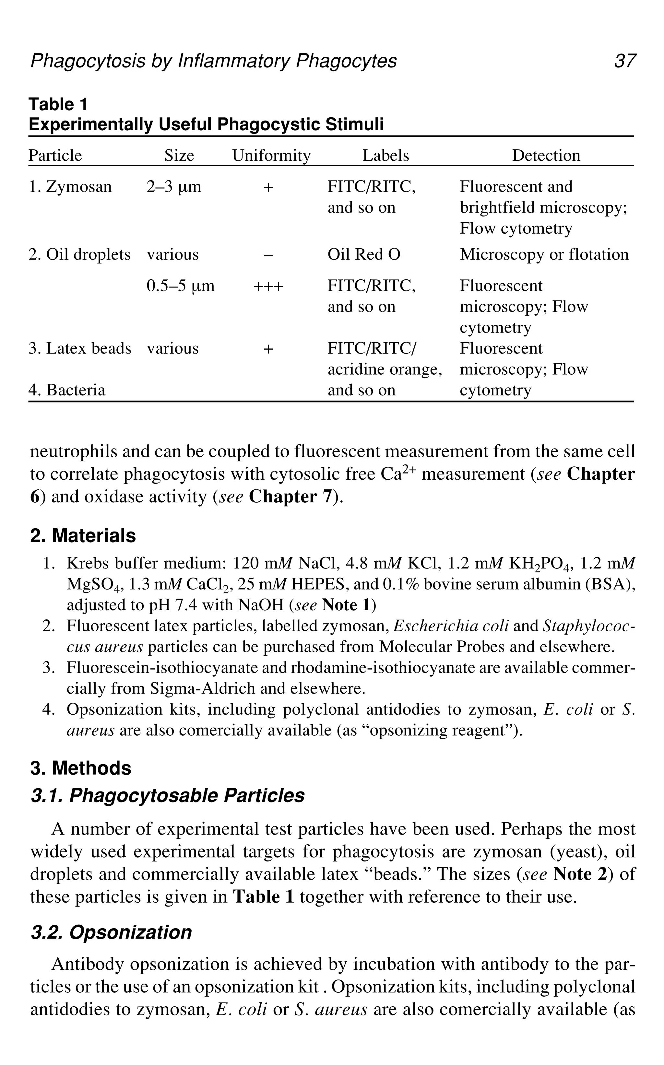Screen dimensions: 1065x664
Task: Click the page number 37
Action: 624,61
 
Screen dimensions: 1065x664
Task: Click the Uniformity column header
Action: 271,155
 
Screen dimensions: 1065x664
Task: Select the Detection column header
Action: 546,155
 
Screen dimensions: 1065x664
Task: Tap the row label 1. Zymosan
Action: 70,187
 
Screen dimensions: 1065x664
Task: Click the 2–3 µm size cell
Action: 174,187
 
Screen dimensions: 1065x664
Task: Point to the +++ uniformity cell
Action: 268,286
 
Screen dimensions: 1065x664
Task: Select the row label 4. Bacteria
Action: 67,390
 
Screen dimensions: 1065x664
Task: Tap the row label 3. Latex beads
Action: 80,348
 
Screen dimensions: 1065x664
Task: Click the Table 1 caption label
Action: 58,104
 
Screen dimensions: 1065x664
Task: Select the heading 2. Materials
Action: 83,535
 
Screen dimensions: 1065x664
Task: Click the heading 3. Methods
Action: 81,768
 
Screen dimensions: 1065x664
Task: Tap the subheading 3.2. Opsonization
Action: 111,932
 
